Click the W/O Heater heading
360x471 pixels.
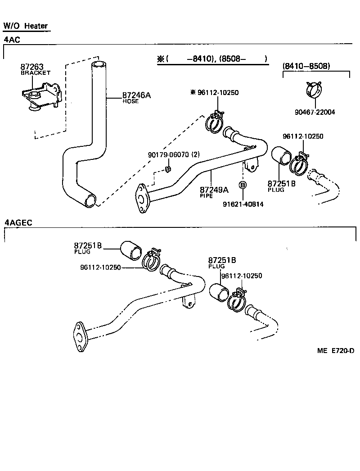(26, 26)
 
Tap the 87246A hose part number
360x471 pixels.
(136, 95)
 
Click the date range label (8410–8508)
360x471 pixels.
(306, 66)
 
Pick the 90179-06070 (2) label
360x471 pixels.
(173, 154)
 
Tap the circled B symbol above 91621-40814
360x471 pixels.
(243, 185)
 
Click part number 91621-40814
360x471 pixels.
(243, 204)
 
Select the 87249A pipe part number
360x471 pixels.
(214, 190)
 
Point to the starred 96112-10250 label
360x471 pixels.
(215, 93)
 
